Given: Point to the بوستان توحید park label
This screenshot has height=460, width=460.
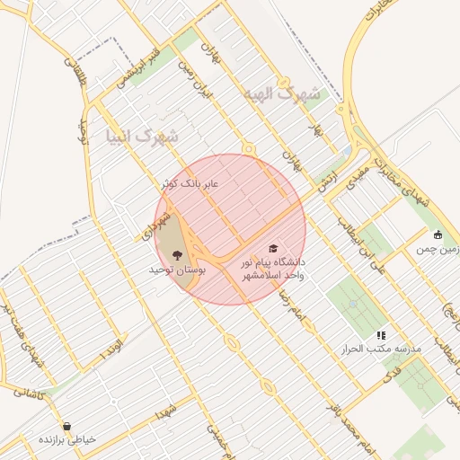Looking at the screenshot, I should click(178, 270).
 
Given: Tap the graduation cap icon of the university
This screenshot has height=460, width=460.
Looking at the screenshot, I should click(272, 248).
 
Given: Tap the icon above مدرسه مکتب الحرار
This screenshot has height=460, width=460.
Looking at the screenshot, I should click(381, 335).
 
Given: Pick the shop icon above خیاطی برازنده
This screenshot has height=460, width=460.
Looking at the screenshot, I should click(66, 426).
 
